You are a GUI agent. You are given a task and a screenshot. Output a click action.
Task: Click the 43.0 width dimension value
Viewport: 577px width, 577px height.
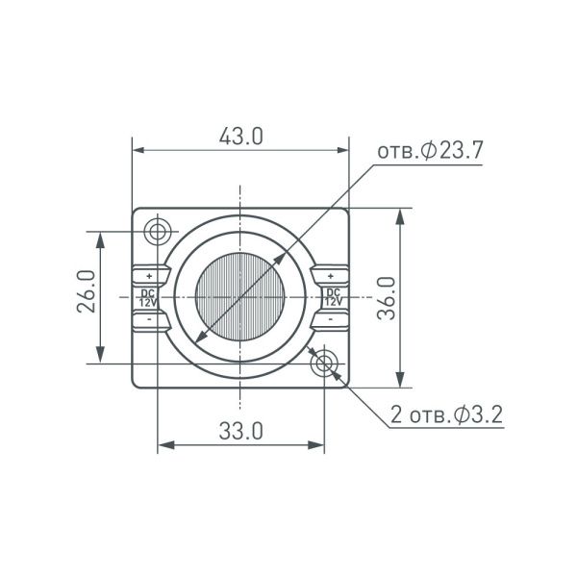239,137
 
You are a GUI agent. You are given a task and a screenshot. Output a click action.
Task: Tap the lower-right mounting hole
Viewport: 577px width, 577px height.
325,363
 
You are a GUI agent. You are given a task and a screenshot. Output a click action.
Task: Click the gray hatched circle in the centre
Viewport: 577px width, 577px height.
240,297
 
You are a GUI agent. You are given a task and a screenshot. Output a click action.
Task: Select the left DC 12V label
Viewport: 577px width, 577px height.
148,296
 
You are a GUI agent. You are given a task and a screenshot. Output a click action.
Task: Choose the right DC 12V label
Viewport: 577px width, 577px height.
333,296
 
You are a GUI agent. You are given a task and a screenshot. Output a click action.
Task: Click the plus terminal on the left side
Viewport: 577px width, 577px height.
148,275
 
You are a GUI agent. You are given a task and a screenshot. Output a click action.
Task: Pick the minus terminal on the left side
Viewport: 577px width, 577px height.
148,318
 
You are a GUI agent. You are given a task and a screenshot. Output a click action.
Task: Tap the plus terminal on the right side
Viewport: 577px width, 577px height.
333,275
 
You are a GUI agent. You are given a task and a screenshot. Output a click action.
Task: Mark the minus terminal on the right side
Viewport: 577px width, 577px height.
333,318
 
